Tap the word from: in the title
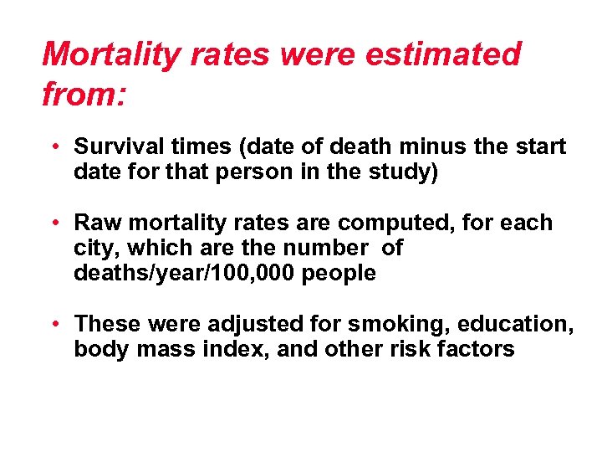84,94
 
